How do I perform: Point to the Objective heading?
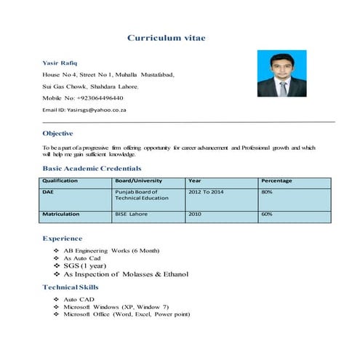pyautogui.click(x=57, y=134)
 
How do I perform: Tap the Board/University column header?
pyautogui.click(x=139, y=180)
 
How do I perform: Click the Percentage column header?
pyautogui.click(x=276, y=180)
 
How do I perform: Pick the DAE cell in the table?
pyautogui.click(x=49, y=191)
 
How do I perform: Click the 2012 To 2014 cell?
pyautogui.click(x=208, y=191)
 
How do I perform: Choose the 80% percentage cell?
pyautogui.click(x=267, y=191)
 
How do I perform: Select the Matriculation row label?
pyautogui.click(x=62, y=215)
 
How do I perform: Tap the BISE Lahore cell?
pyautogui.click(x=131, y=215)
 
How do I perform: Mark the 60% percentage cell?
pyautogui.click(x=267, y=215)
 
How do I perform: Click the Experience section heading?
pyautogui.click(x=63, y=239)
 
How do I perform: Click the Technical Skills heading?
pyautogui.click(x=70, y=288)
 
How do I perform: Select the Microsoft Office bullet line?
pyautogui.click(x=127, y=314)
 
